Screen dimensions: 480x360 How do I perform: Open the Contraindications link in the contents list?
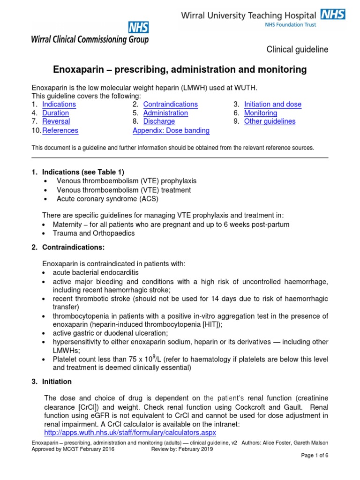(170, 105)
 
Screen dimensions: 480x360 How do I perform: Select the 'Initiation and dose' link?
(273, 105)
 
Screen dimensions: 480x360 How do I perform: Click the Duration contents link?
(55, 113)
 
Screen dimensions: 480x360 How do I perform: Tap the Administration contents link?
(165, 113)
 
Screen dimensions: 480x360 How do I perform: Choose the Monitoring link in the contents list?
(261, 113)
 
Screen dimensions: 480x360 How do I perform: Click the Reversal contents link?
(56, 121)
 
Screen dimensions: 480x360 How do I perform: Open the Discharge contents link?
(159, 121)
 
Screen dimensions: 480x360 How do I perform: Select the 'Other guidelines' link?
(270, 121)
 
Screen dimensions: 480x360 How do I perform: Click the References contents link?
(60, 131)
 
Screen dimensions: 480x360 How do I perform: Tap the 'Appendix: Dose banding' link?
(171, 131)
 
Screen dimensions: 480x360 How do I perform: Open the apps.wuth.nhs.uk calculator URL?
(130, 432)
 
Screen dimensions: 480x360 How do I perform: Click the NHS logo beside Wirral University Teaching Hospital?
(334, 15)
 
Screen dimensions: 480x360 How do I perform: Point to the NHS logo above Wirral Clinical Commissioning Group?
(137, 28)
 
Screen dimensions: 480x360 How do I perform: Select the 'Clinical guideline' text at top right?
(297, 50)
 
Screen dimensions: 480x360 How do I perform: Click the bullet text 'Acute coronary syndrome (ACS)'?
(107, 199)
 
